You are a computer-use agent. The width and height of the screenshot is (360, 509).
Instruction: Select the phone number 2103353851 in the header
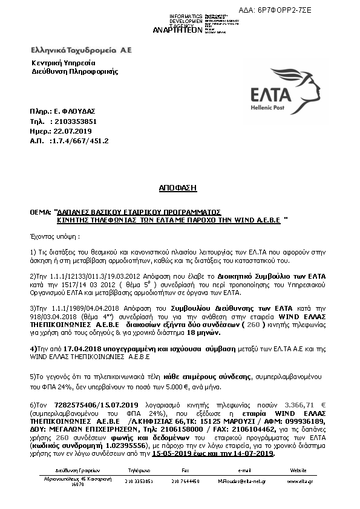(71, 122)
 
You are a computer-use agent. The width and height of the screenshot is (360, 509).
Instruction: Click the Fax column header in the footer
(185, 470)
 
